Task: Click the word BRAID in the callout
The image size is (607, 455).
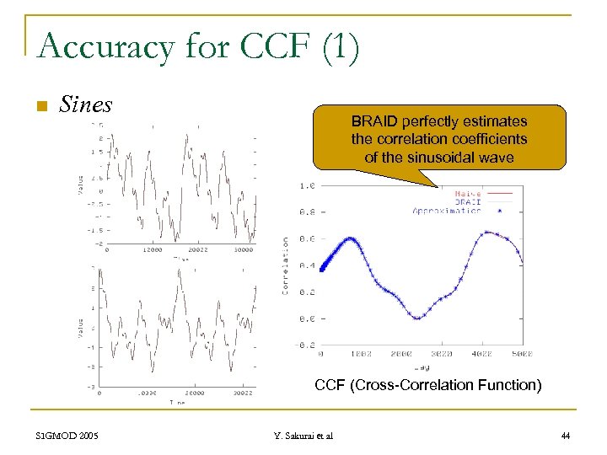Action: pyautogui.click(x=374, y=121)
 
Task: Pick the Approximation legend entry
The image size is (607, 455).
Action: pyautogui.click(x=447, y=211)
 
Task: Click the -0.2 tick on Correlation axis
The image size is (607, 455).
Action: pyautogui.click(x=307, y=345)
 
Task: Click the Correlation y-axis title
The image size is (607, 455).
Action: pyautogui.click(x=286, y=265)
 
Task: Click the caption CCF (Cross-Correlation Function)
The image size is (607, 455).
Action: pyautogui.click(x=427, y=386)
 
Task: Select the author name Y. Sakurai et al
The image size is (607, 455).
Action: pyautogui.click(x=303, y=436)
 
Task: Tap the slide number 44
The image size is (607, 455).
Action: pyautogui.click(x=565, y=436)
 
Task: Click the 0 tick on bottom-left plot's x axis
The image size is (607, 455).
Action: pyautogui.click(x=100, y=393)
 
